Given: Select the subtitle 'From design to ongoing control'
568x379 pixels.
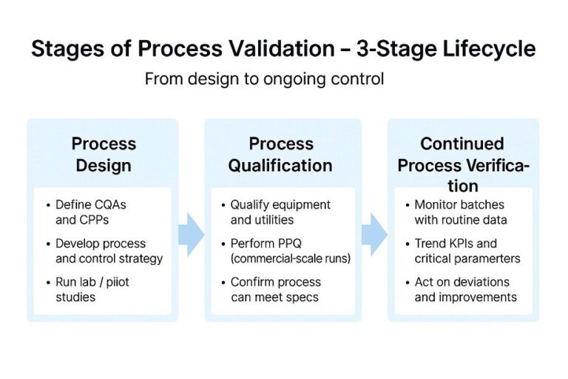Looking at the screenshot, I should (264, 78).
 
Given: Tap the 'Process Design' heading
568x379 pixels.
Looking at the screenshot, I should (104, 153).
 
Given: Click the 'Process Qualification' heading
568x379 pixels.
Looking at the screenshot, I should (280, 153).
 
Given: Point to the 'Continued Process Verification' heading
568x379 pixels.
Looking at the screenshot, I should (462, 164).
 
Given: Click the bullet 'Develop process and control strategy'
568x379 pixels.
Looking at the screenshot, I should (108, 251).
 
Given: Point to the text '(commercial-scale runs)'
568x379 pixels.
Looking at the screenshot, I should (289, 258).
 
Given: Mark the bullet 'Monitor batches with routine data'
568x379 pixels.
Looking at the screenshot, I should (459, 212).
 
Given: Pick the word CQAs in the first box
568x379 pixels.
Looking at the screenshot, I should (110, 204).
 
